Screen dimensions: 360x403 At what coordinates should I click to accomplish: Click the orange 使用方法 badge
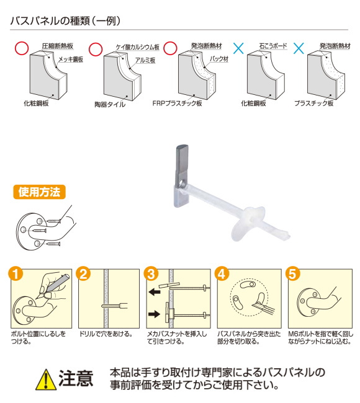[x=39, y=192]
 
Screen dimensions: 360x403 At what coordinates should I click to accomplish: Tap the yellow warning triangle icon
[x=45, y=379]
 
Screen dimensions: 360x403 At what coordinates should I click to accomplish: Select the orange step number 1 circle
[x=16, y=274]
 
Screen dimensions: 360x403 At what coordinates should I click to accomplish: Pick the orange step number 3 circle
[x=151, y=274]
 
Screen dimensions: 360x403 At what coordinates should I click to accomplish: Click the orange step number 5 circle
[x=292, y=274]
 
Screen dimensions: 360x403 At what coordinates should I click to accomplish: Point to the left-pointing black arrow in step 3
[x=155, y=291]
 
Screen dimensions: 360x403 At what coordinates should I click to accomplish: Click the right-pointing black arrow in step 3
[x=155, y=314]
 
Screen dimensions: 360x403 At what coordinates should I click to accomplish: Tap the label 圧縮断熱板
[x=58, y=46]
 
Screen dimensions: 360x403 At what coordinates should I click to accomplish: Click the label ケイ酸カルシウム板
[x=138, y=47]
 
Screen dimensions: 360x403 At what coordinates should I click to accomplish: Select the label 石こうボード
[x=273, y=46]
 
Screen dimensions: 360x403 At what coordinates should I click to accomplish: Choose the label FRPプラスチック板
[x=177, y=104]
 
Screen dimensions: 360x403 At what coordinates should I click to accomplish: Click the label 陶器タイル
[x=110, y=104]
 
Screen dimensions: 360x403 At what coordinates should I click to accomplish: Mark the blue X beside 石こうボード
[x=238, y=48]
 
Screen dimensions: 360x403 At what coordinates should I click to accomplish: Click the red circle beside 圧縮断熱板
[x=21, y=48]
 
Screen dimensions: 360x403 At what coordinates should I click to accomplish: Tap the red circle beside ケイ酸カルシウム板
[x=96, y=49]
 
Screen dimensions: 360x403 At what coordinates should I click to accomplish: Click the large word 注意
[x=76, y=379]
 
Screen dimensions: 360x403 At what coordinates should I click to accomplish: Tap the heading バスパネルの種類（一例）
[x=65, y=21]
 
